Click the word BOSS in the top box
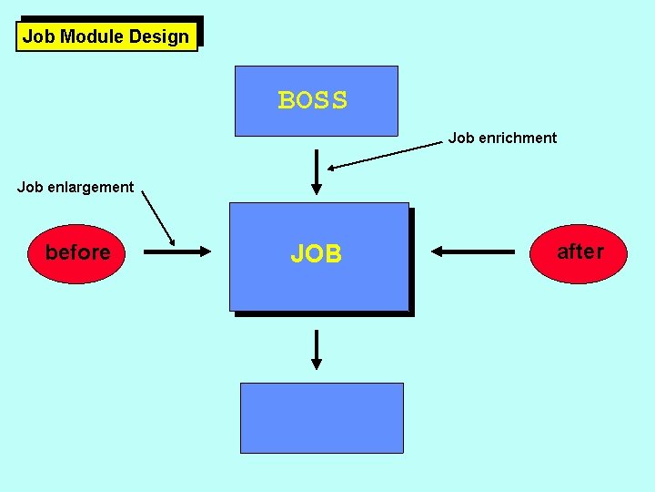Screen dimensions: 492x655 coord(313,100)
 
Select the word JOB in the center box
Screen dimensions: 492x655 coord(317,254)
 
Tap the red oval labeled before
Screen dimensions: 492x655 coord(77,252)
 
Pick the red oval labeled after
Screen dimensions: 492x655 coord(579,251)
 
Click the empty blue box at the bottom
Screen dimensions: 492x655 coord(321,417)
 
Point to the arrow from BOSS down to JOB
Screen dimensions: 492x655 coord(317,172)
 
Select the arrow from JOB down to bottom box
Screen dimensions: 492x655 coord(317,349)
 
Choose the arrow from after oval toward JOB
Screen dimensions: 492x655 coord(473,251)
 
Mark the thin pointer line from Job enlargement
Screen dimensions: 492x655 coord(158,219)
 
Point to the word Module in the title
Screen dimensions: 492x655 coord(92,37)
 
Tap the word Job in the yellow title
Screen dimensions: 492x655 coord(38,37)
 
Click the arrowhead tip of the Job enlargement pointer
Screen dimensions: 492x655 coord(175,246)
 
